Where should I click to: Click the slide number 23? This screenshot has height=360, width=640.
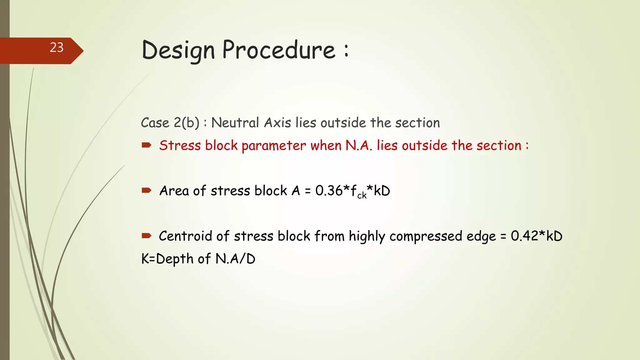[x=57, y=47]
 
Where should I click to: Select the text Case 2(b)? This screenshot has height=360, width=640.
[x=170, y=122]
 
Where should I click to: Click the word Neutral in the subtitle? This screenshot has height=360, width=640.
[x=235, y=122]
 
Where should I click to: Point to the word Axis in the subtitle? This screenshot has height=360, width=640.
[x=277, y=122]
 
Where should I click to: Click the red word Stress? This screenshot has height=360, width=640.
[x=180, y=146]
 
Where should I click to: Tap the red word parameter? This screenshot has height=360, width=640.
[x=274, y=146]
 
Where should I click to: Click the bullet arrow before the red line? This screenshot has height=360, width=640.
[x=146, y=145]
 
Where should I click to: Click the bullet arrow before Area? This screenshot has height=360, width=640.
[x=146, y=190]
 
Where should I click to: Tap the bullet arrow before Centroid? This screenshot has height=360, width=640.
[x=146, y=235]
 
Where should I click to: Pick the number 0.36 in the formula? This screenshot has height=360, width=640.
[x=329, y=191]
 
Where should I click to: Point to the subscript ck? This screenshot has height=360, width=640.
[x=362, y=196]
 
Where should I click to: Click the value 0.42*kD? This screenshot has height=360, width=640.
[x=537, y=236]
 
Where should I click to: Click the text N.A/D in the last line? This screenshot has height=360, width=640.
[x=235, y=259]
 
